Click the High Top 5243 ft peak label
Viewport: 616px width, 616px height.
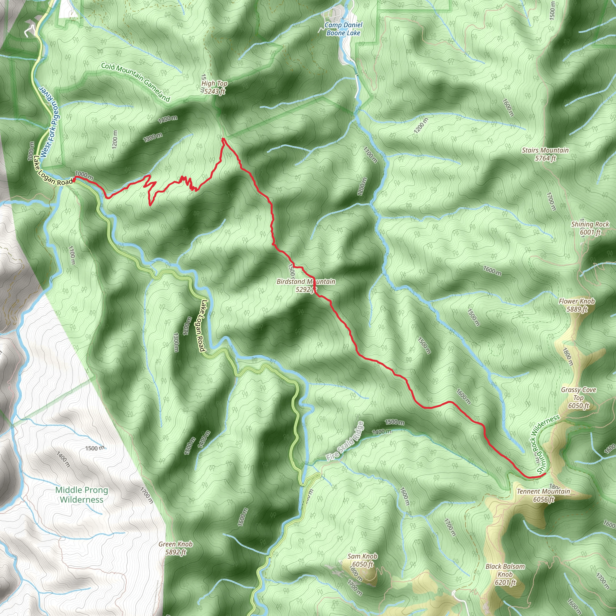214,87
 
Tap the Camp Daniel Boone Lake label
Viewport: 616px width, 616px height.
343,29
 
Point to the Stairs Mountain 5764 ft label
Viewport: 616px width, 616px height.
545,154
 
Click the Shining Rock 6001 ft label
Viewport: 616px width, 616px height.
590,228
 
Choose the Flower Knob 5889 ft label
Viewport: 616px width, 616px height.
577,305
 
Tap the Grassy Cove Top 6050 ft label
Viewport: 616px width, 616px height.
578,398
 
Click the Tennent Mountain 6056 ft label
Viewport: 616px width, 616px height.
543,495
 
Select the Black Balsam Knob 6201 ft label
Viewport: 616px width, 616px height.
505,574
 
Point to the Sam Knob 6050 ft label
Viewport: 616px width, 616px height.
362,560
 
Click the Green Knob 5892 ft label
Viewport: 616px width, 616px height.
176,548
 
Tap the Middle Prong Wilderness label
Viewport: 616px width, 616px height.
82,495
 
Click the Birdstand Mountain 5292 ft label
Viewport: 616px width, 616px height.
306,285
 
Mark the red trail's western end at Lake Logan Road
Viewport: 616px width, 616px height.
74,180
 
